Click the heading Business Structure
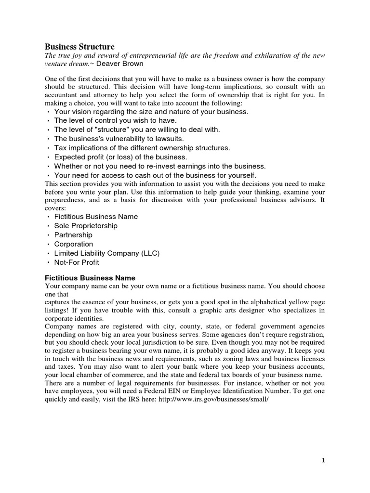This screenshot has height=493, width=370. pyautogui.click(x=79, y=47)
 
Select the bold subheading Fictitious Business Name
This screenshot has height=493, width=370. pyautogui.click(x=90, y=278)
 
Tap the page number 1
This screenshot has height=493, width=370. pyautogui.click(x=323, y=460)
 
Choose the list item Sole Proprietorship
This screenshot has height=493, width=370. pyautogui.click(x=86, y=226)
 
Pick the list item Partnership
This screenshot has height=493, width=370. pyautogui.click(x=73, y=235)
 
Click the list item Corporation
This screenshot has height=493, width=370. pyautogui.click(x=74, y=244)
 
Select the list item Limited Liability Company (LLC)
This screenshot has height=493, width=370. pyautogui.click(x=106, y=253)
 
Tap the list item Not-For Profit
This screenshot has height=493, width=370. pyautogui.click(x=77, y=262)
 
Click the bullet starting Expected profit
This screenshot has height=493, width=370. pyautogui.click(x=120, y=157)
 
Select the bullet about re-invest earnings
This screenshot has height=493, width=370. pyautogui.click(x=159, y=166)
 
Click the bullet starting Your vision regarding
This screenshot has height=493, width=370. pyautogui.click(x=151, y=111)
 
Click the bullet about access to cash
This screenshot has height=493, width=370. pyautogui.click(x=155, y=175)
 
